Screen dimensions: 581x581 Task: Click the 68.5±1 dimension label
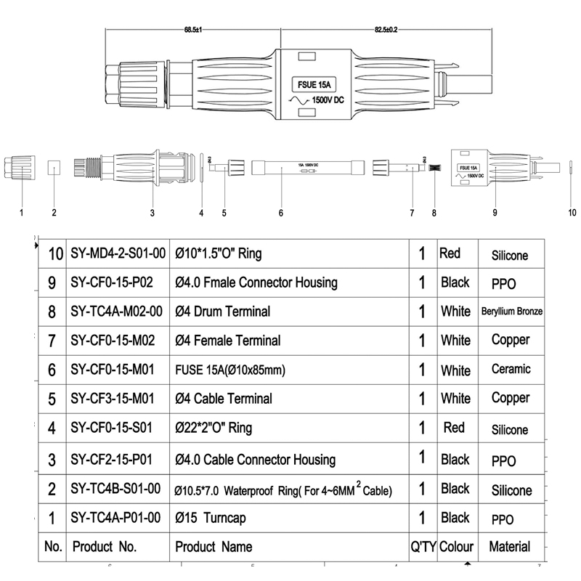coord(192,29)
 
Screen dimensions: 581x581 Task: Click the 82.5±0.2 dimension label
coord(386,29)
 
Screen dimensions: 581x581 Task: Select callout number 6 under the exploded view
coord(280,214)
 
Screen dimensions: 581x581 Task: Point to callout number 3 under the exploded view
coord(153,214)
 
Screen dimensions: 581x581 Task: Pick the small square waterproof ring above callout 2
coord(54,168)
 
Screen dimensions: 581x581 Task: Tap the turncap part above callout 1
coord(20,169)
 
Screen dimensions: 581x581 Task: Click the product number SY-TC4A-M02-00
coord(117,312)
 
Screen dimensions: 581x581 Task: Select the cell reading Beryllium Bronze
coord(512,312)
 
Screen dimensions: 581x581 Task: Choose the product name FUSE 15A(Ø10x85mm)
coord(230,370)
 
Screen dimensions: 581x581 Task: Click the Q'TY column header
coord(422,547)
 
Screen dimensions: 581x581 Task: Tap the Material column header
coord(510,547)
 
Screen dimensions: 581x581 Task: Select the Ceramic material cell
coord(511,370)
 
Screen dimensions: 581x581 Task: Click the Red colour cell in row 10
coord(450,253)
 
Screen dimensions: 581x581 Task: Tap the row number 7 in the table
coord(52,341)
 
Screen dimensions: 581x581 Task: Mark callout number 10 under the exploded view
coord(572,214)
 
